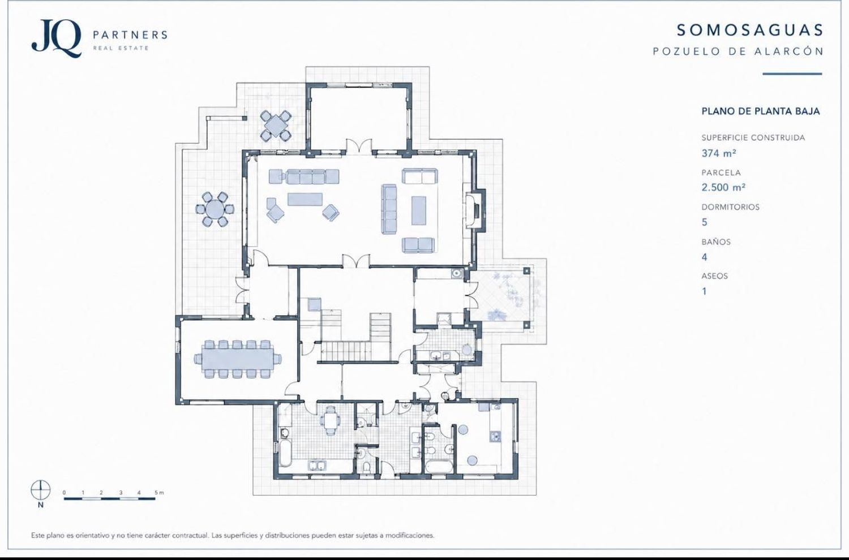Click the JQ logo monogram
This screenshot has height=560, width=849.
pyautogui.click(x=56, y=38)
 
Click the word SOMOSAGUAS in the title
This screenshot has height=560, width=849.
pyautogui.click(x=750, y=31)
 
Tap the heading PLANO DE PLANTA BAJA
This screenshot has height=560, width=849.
pyautogui.click(x=761, y=111)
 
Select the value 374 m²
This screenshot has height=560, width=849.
pyautogui.click(x=719, y=153)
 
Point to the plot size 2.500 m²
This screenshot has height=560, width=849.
pyautogui.click(x=724, y=187)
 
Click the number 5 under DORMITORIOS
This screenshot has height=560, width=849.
pyautogui.click(x=705, y=222)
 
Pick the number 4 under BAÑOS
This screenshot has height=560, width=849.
pyautogui.click(x=705, y=257)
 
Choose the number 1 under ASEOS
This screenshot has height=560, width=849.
pyautogui.click(x=704, y=291)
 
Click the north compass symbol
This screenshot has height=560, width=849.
pyautogui.click(x=41, y=490)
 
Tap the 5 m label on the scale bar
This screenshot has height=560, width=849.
pyautogui.click(x=159, y=493)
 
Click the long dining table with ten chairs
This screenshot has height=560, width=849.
pyautogui.click(x=238, y=359)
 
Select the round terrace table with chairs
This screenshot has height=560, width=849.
pyautogui.click(x=215, y=209)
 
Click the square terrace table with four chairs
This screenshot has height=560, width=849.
pyautogui.click(x=276, y=125)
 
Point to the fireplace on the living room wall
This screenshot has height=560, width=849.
pyautogui.click(x=475, y=210)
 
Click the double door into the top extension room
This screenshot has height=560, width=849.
pyautogui.click(x=359, y=148)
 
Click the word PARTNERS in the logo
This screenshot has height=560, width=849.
pyautogui.click(x=130, y=35)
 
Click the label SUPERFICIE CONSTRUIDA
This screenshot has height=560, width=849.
pyautogui.click(x=753, y=137)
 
